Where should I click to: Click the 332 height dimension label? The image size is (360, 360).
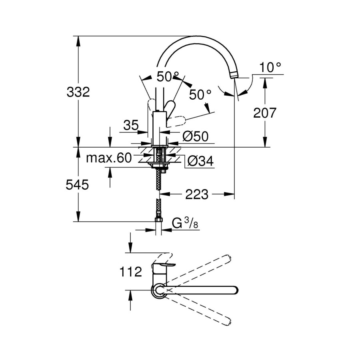coord(78,92)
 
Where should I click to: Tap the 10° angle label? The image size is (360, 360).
coord(270,67)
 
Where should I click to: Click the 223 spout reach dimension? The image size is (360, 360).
coord(196,194)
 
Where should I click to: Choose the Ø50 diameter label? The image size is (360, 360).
coord(196,137)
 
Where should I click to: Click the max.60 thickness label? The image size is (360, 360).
coord(109,158)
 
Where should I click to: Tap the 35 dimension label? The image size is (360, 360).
coord(131,126)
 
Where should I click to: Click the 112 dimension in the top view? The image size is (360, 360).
coord(131,272)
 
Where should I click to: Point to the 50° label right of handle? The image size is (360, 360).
coord(200,95)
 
